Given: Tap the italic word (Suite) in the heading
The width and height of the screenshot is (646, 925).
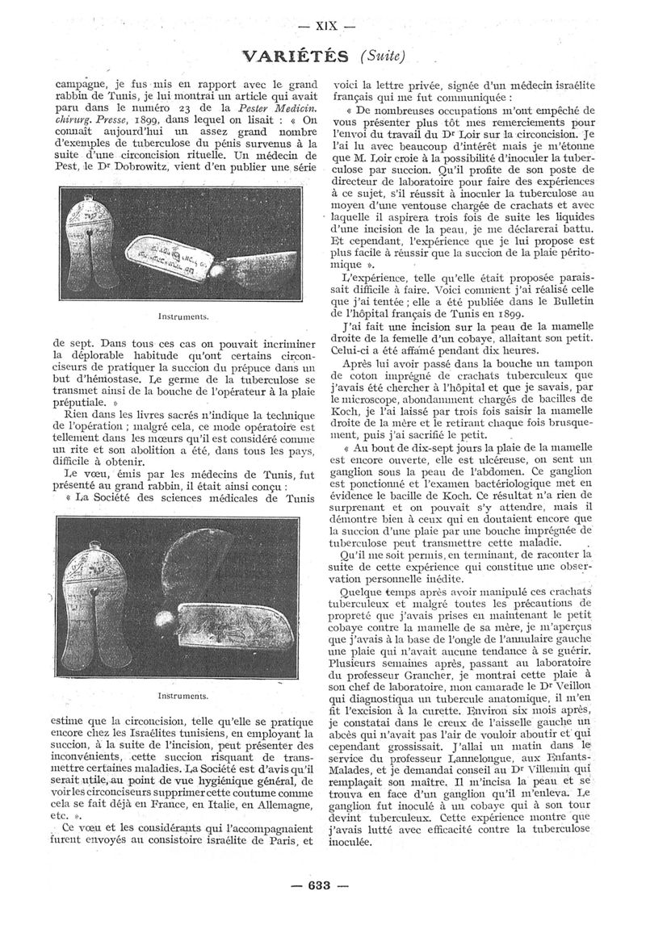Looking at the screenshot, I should (x=382, y=56).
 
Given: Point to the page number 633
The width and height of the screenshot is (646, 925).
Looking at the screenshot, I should (x=321, y=885).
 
